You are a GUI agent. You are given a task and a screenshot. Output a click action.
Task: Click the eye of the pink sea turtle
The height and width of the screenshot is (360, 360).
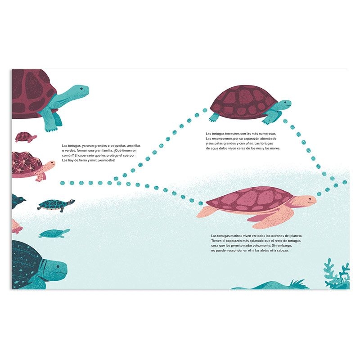click(x=309, y=199)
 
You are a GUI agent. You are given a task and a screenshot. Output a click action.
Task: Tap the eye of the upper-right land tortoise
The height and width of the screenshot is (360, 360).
click(x=285, y=103)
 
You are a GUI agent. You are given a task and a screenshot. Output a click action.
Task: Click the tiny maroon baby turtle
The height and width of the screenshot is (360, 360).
click(x=25, y=136)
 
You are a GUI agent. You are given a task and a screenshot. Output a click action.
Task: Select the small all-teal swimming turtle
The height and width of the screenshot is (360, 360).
click(x=54, y=234)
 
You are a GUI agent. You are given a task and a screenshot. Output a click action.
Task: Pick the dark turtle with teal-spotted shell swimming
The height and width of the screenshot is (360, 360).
click(x=55, y=205)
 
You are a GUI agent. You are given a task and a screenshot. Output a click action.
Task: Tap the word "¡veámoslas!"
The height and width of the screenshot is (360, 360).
click(x=103, y=161)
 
